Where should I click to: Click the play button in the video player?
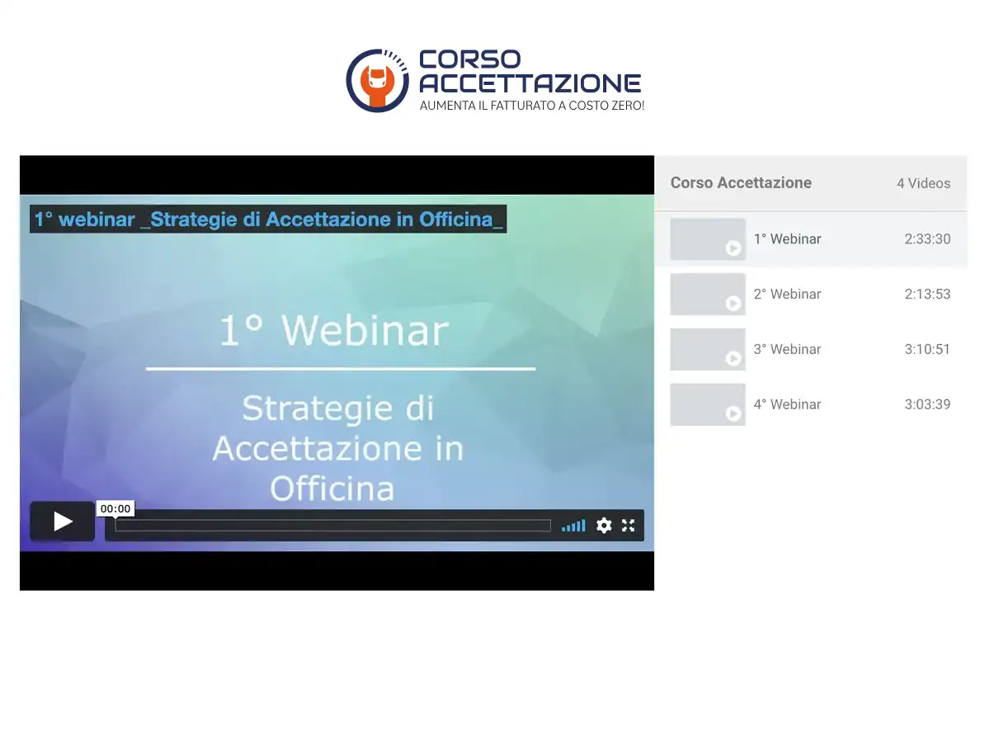tap(62, 521)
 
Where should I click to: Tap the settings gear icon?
tap(603, 526)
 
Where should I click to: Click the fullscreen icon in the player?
tap(628, 526)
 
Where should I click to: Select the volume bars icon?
tap(573, 526)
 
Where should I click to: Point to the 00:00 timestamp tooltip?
tap(115, 508)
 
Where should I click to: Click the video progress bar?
tap(332, 526)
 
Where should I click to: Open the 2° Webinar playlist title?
tap(787, 295)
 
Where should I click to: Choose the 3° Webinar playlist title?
tap(787, 349)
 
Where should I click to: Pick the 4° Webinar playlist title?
tap(787, 404)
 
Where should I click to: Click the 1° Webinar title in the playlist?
tap(787, 239)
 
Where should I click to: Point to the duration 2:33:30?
tap(927, 239)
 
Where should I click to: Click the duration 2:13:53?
tap(927, 295)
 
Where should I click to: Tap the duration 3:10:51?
tap(927, 349)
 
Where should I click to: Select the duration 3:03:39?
tap(927, 404)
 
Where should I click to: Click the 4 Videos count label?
tap(923, 183)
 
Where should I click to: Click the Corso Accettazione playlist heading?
tap(741, 182)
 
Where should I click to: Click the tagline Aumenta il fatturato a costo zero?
tap(531, 106)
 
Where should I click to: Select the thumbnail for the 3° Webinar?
tap(708, 349)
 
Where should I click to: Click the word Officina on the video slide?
tap(332, 488)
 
